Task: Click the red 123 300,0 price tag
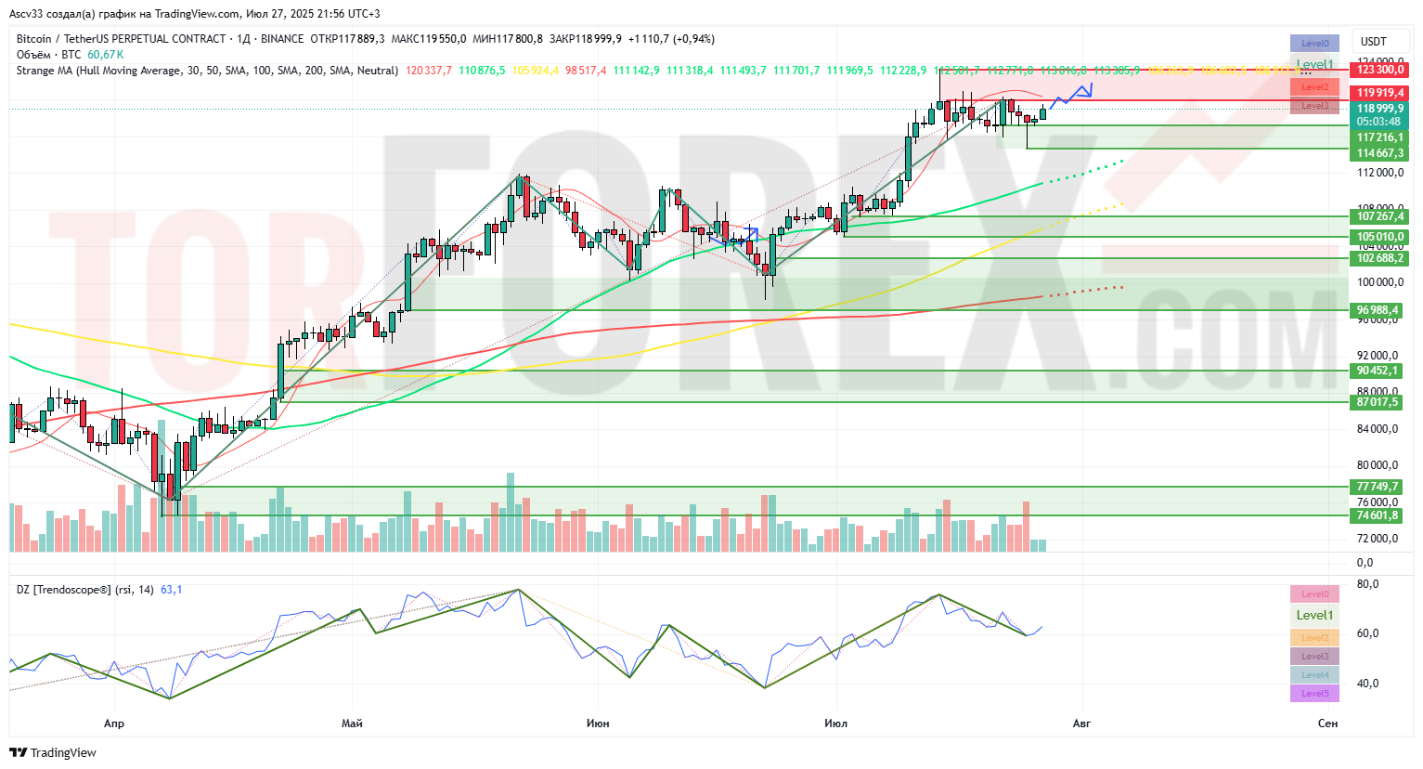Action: click(x=1379, y=70)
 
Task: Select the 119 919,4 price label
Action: click(x=1379, y=93)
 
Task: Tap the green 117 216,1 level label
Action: click(x=1379, y=137)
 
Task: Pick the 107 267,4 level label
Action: click(x=1379, y=216)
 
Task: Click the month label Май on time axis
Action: click(x=352, y=723)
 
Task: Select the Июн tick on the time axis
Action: click(x=598, y=723)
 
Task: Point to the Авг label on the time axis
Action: click(x=1081, y=723)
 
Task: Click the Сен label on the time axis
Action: click(x=1327, y=723)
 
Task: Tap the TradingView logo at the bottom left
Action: click(x=53, y=752)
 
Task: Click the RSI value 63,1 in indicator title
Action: click(x=172, y=590)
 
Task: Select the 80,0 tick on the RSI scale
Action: click(x=1367, y=584)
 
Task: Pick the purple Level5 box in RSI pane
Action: click(x=1314, y=694)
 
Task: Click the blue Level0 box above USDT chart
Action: click(x=1314, y=44)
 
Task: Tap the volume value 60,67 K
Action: click(x=106, y=55)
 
